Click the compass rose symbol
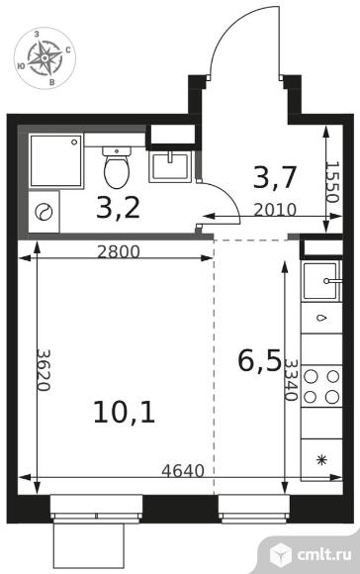(45, 57)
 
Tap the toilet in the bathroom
(117, 167)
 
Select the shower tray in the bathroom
(56, 160)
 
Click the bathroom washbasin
(170, 167)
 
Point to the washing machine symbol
(44, 212)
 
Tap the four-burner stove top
(321, 387)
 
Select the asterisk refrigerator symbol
(321, 460)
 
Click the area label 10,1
(125, 413)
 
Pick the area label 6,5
(259, 360)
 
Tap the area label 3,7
(274, 178)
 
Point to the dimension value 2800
(119, 252)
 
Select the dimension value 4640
(183, 471)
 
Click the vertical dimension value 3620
(44, 370)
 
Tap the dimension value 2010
(275, 210)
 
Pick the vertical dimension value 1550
(333, 182)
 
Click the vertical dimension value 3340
(291, 380)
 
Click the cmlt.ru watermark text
(324, 554)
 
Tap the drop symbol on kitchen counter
(321, 318)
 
